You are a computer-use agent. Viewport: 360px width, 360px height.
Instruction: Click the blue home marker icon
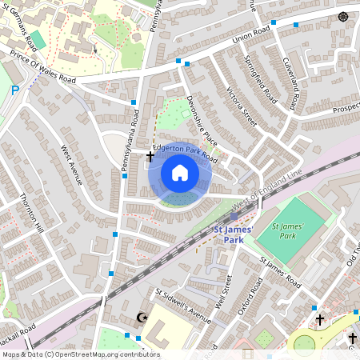(180, 173)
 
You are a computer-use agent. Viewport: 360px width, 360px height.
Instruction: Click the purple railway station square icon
(234, 216)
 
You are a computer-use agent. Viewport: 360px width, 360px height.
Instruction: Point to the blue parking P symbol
(14, 91)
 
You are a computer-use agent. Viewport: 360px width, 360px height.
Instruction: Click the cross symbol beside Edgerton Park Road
(150, 157)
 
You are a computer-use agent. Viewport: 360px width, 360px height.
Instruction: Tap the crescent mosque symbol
(144, 318)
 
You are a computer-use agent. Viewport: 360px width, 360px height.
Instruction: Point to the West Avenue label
(72, 164)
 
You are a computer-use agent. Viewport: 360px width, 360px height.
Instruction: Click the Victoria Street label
(242, 107)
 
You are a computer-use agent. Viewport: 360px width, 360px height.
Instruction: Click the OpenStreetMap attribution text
(80, 354)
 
